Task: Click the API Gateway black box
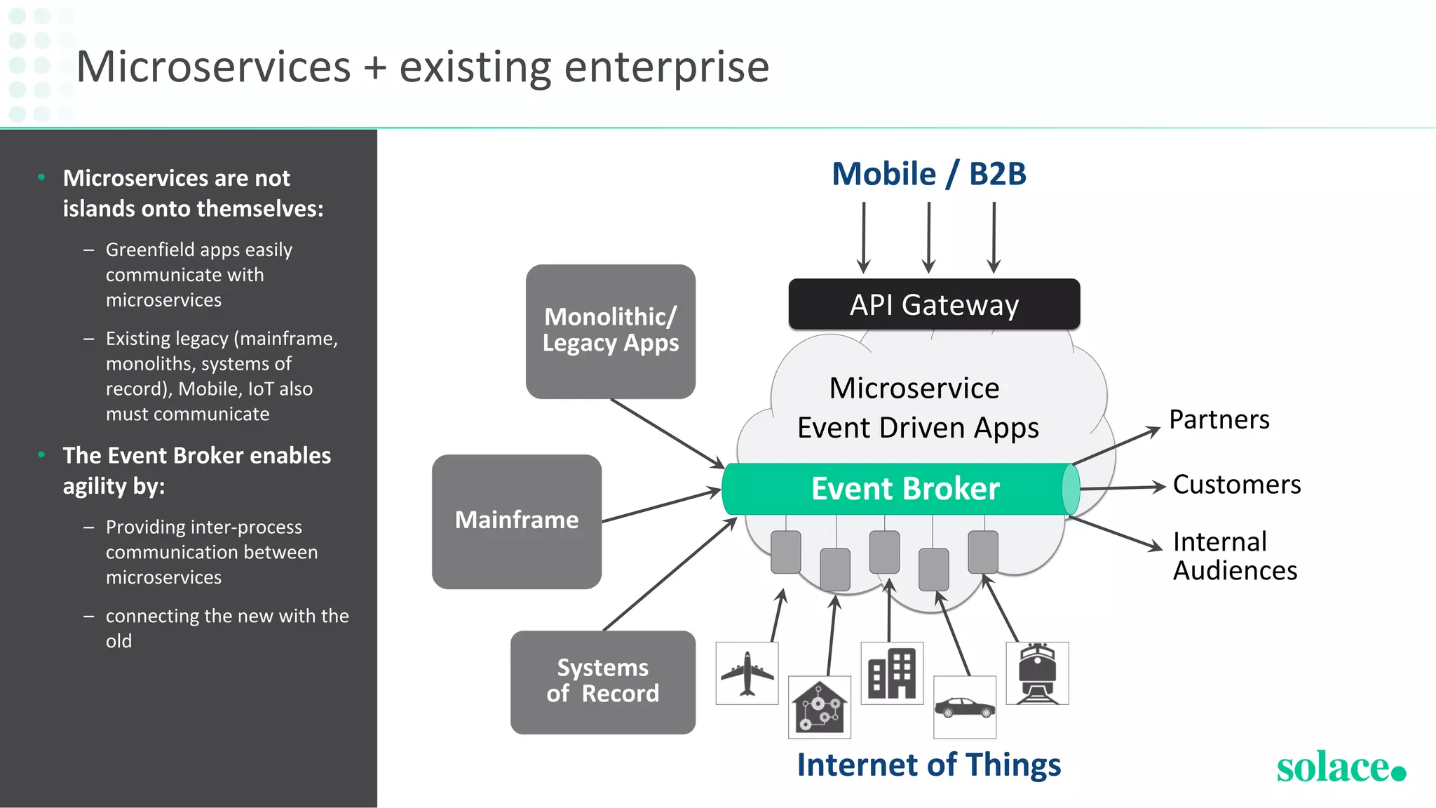click(934, 304)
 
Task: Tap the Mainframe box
click(517, 521)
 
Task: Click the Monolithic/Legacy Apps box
click(610, 331)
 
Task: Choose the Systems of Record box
click(603, 682)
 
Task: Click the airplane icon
click(747, 673)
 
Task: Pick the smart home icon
click(819, 707)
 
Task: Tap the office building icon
click(892, 673)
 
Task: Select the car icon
click(965, 707)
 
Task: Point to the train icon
click(1037, 673)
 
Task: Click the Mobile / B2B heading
click(928, 174)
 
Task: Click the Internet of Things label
click(928, 765)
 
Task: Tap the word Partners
click(1219, 419)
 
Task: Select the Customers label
click(1236, 485)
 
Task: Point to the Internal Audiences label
click(1234, 556)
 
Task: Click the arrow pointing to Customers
click(1122, 487)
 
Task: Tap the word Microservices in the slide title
click(213, 67)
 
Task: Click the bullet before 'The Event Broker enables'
click(42, 454)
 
